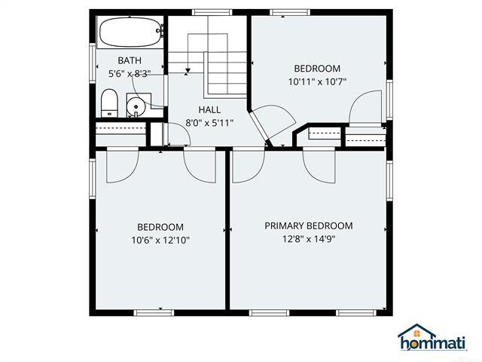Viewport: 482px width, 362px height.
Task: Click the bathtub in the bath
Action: pyautogui.click(x=130, y=32)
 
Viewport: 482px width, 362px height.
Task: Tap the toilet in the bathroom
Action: pyautogui.click(x=109, y=103)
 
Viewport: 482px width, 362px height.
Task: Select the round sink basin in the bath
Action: pyautogui.click(x=136, y=107)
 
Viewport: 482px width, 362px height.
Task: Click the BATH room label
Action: pyautogui.click(x=130, y=60)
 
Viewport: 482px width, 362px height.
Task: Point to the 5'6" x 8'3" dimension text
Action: pyautogui.click(x=130, y=74)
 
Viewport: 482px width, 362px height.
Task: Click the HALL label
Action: pyautogui.click(x=209, y=109)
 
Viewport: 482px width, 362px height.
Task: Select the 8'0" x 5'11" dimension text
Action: pyautogui.click(x=209, y=123)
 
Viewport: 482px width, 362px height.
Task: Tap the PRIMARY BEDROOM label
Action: pyautogui.click(x=309, y=225)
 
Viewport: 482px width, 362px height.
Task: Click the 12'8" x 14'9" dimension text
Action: pyautogui.click(x=309, y=239)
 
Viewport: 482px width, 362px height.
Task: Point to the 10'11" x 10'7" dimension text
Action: pyautogui.click(x=317, y=82)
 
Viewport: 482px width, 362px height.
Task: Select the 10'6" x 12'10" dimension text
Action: pyautogui.click(x=160, y=240)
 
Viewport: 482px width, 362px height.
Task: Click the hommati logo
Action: pyautogui.click(x=432, y=337)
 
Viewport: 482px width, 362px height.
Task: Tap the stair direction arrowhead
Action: pyautogui.click(x=188, y=71)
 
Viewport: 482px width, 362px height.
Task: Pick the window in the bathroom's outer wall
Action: pyautogui.click(x=93, y=63)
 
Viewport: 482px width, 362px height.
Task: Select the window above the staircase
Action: pyautogui.click(x=212, y=12)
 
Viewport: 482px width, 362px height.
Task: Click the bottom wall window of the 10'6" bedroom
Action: pyautogui.click(x=154, y=313)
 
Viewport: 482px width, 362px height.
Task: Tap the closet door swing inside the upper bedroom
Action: pyautogui.click(x=365, y=106)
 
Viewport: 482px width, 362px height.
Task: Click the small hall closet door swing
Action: pyautogui.click(x=178, y=134)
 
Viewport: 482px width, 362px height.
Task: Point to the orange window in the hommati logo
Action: pyautogui.click(x=416, y=333)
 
